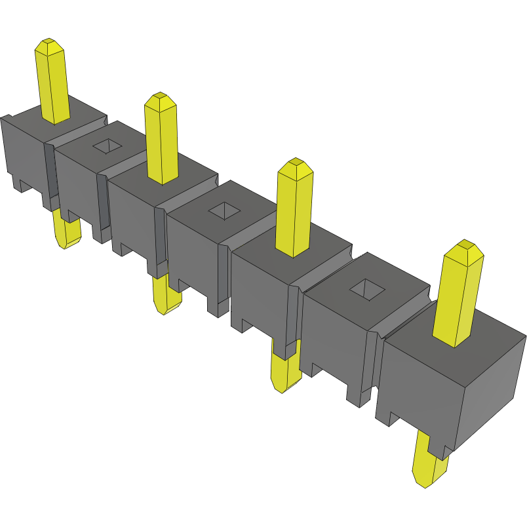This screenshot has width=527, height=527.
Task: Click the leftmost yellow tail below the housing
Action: pos(67,233)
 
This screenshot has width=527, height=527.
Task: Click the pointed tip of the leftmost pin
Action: pos(49,44)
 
